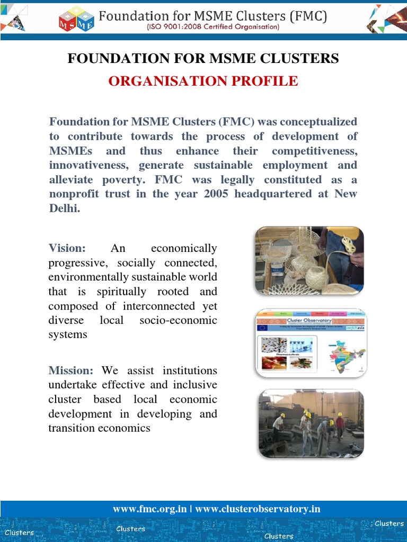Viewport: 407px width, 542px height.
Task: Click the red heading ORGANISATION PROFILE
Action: [203, 81]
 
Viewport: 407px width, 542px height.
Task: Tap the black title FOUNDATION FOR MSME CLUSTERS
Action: [203, 59]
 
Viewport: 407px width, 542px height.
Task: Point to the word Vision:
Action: [67, 248]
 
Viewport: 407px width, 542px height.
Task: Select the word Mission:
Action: [71, 371]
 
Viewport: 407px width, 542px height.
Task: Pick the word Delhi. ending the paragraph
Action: [64, 209]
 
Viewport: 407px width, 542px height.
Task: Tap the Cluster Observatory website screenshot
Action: [311, 343]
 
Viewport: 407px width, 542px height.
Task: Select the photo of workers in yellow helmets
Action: [311, 423]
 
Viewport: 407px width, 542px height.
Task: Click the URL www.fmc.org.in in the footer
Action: [149, 509]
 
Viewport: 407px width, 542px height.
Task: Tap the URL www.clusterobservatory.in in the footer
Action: [258, 509]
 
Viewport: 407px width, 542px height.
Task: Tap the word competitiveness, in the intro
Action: [315, 151]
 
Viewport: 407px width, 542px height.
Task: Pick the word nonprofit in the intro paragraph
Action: [75, 194]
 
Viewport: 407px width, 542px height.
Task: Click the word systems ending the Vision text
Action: [67, 335]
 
